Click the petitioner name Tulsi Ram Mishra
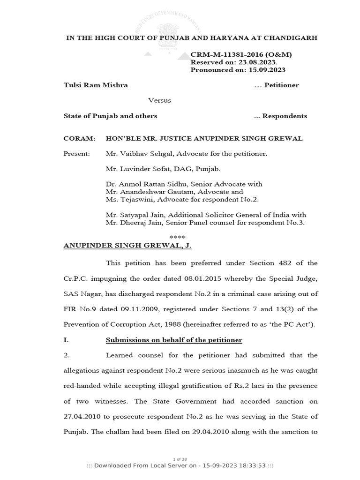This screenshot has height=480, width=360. click(96, 85)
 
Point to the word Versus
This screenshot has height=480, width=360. click(160, 100)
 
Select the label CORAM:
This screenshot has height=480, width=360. click(79, 139)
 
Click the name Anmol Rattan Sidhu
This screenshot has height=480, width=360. click(153, 184)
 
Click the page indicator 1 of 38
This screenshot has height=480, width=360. click(180, 458)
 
